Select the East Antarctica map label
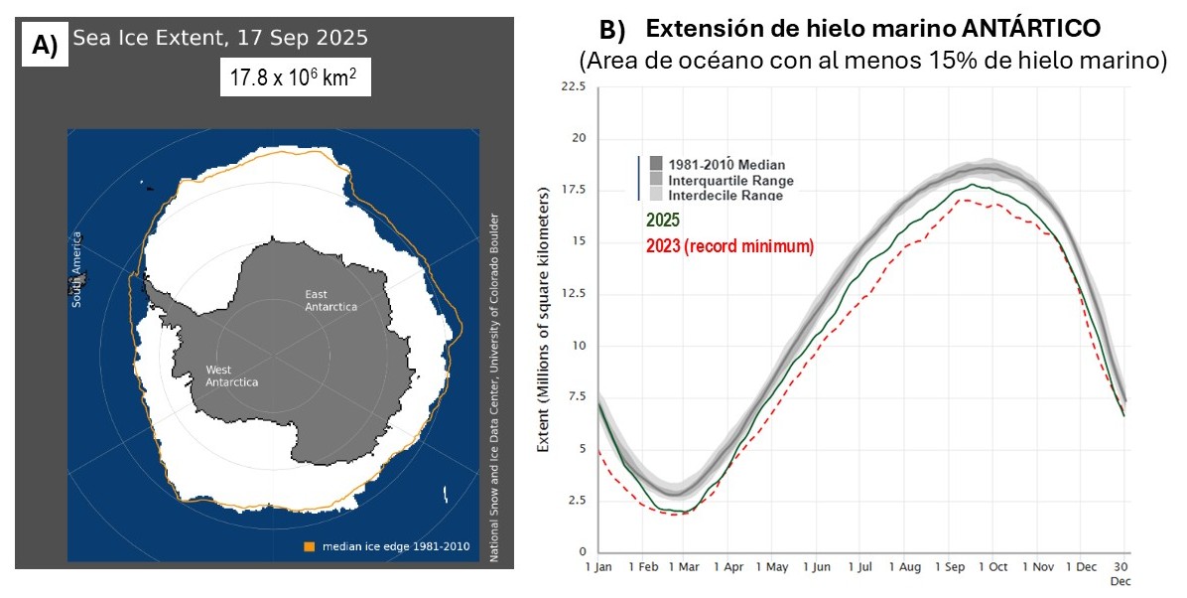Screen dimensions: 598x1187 (x=331, y=299)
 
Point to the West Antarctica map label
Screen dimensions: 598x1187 (x=231, y=375)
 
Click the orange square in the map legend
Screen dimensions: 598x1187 (x=309, y=546)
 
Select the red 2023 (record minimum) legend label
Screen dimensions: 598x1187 (x=729, y=245)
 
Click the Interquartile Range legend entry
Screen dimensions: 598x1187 (x=731, y=181)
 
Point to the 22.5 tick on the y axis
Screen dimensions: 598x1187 (x=574, y=86)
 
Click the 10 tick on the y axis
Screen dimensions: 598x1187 (x=580, y=345)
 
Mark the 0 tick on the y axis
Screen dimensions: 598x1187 (x=583, y=551)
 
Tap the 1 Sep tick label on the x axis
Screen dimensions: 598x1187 (x=950, y=567)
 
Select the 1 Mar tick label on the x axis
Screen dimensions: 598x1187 (x=684, y=567)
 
